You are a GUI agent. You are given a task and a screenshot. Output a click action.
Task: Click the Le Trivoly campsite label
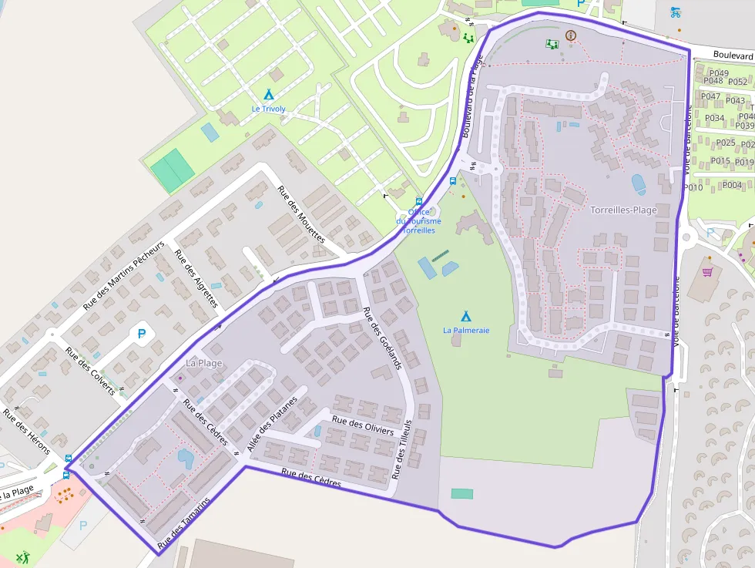pos(268,109)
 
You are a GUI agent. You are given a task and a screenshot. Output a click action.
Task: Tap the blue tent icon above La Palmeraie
pos(465,316)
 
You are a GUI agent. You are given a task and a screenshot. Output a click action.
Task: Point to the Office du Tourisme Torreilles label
pos(418,221)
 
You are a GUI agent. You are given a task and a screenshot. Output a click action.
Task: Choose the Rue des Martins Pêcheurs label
pos(123,275)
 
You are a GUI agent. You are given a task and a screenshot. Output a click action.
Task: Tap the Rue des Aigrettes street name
pos(196,278)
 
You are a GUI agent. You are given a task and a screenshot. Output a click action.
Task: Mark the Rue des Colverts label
pos(90,371)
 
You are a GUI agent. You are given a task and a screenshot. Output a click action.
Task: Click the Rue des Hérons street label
pos(26,432)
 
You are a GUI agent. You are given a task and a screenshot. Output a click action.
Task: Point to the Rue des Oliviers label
pos(362,425)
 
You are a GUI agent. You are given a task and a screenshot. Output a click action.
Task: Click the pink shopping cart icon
pos(707,271)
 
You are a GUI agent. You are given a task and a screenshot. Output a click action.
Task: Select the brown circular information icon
pos(570,35)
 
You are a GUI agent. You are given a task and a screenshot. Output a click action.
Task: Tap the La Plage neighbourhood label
pos(204,362)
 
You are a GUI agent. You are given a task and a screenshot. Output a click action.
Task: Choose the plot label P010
pos(693,187)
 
